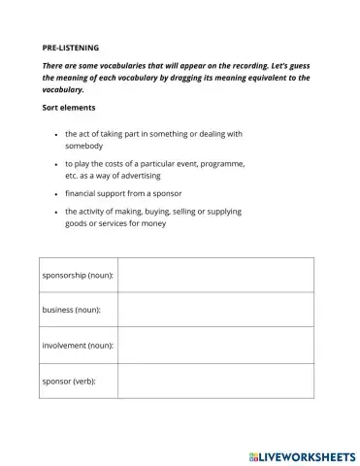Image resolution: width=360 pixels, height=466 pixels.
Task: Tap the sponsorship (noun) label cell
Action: pos(79,276)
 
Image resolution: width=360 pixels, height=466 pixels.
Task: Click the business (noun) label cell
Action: pos(72,310)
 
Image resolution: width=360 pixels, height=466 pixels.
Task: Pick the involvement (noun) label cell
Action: pos(79,345)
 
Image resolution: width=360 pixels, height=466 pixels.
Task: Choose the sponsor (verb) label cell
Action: pos(69,380)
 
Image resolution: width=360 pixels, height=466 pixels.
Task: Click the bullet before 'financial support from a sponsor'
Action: pos(56,194)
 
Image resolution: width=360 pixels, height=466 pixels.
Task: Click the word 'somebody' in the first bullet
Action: pos(86,146)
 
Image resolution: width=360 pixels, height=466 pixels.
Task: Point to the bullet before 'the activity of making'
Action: pos(56,211)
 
